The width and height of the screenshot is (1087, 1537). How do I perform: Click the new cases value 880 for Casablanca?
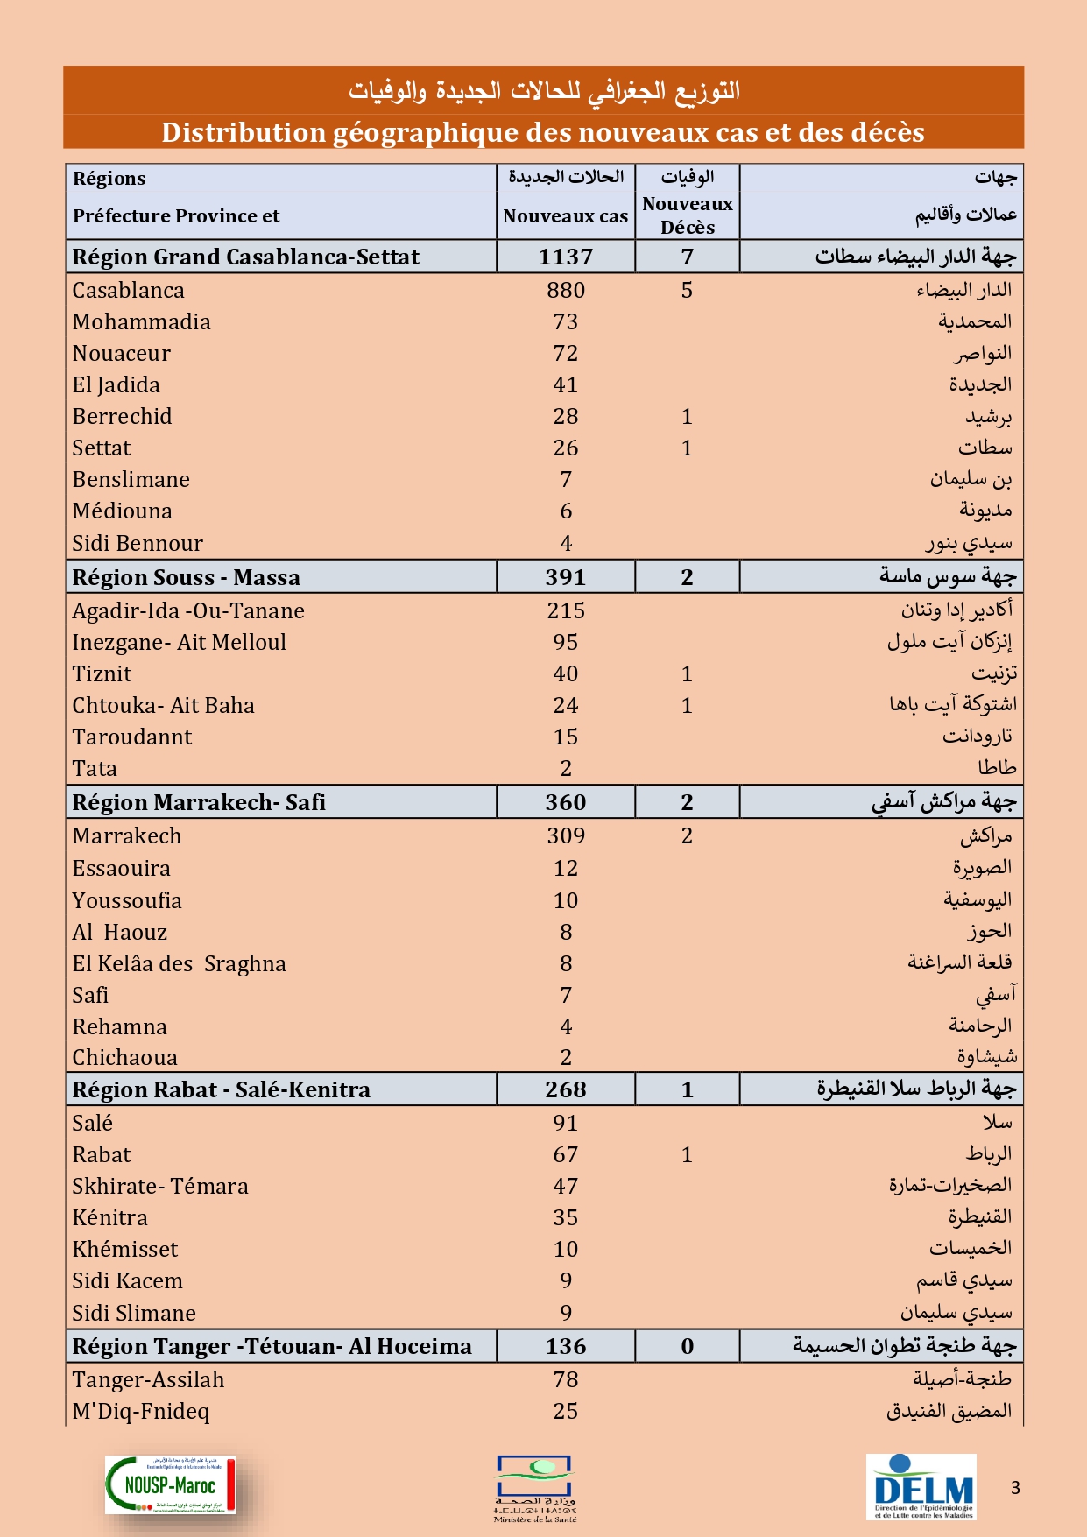[566, 290]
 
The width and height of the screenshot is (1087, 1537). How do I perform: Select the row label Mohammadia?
[141, 321]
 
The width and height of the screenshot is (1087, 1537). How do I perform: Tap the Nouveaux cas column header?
[566, 216]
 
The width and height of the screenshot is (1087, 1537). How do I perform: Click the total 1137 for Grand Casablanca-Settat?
[566, 257]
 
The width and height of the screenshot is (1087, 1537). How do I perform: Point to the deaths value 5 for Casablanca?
[687, 290]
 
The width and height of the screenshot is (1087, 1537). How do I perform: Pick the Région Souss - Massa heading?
[186, 577]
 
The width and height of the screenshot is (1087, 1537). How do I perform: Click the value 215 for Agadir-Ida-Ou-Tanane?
[566, 610]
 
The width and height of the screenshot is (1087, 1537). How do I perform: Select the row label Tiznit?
[102, 673]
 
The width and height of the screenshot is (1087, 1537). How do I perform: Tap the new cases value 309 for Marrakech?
[566, 835]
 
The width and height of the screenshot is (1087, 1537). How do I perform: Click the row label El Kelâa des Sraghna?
[179, 963]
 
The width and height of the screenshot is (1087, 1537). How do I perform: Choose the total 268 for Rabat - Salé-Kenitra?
[566, 1089]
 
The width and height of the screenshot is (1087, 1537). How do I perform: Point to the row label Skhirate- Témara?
[160, 1186]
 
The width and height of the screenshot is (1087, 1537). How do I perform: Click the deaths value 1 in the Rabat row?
[687, 1154]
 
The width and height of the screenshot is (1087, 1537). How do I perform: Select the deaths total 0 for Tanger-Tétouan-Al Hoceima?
[687, 1346]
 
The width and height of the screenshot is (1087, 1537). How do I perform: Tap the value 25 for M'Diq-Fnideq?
[566, 1411]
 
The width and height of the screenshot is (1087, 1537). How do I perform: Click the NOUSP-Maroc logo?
[171, 1484]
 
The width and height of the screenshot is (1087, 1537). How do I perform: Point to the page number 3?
[1015, 1487]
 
